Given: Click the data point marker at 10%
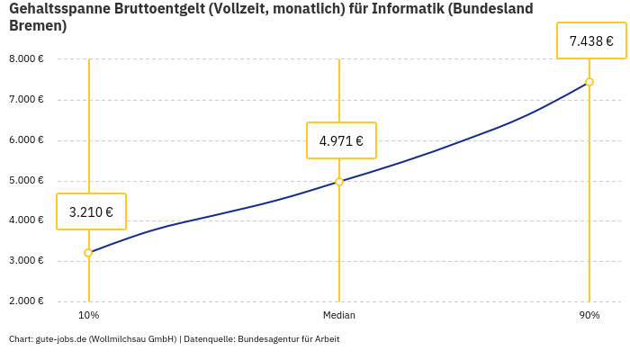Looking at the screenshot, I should pyautogui.click(x=88, y=253).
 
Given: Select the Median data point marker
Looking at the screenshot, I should pyautogui.click(x=339, y=182).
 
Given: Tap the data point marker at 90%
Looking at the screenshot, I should pyautogui.click(x=589, y=82).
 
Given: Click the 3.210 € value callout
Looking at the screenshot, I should pyautogui.click(x=91, y=212).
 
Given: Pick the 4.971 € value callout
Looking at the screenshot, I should pyautogui.click(x=341, y=140).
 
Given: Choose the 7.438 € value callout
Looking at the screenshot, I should pyautogui.click(x=591, y=40).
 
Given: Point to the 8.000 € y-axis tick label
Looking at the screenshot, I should pyautogui.click(x=26, y=59).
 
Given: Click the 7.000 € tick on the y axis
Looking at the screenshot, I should pyautogui.click(x=26, y=99).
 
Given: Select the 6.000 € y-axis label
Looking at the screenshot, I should pyautogui.click(x=26, y=140).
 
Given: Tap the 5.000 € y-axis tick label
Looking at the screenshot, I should pyautogui.click(x=26, y=180).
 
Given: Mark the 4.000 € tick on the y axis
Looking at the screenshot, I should pyautogui.click(x=26, y=220).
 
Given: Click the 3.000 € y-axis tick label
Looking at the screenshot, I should pyautogui.click(x=26, y=261).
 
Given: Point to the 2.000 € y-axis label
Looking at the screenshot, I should pyautogui.click(x=26, y=301).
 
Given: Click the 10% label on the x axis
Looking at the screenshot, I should pyautogui.click(x=88, y=316).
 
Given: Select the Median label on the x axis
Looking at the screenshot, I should pyautogui.click(x=339, y=316).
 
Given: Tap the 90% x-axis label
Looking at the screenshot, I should pyautogui.click(x=589, y=316).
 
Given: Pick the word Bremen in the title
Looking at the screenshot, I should pyautogui.click(x=37, y=26).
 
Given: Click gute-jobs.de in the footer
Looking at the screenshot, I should pyautogui.click(x=60, y=339).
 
